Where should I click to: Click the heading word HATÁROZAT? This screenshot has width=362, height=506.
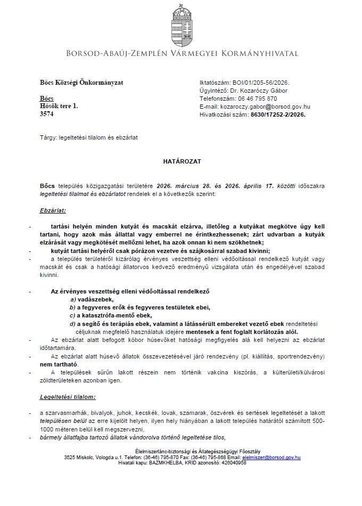[181, 160]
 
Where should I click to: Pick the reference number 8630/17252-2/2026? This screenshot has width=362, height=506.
[278, 114]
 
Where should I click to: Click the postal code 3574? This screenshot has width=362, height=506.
[47, 114]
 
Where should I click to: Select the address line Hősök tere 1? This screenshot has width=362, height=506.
[59, 107]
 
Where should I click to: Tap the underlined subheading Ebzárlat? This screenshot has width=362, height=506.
[53, 210]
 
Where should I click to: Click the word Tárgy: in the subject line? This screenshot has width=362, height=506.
[48, 137]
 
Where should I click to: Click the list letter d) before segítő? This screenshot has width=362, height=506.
[72, 323]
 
